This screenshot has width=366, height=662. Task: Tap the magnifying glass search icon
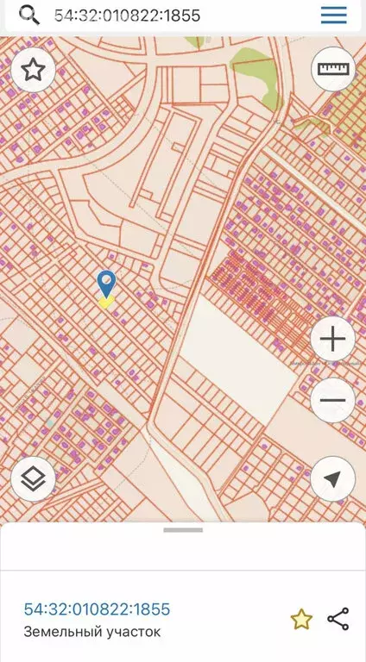coord(28,16)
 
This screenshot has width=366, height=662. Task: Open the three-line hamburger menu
coord(333,16)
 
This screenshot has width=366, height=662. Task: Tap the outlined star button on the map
coord(33,70)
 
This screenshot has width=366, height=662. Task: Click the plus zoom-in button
coord(332,339)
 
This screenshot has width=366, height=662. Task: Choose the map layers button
coord(33,478)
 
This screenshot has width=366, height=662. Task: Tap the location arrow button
coord(332,478)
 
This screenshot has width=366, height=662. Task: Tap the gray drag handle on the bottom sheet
coord(182,530)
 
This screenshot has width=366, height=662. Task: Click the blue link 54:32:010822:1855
coord(97,609)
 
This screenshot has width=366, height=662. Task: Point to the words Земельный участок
coord(91,633)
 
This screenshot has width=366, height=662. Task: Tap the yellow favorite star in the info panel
coord(300,619)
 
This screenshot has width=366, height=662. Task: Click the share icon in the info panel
coord(338,619)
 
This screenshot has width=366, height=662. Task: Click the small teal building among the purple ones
coord(53,424)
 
